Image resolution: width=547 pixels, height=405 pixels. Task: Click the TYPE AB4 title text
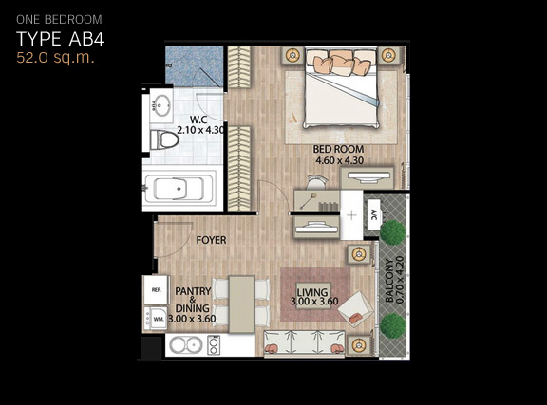(60, 39)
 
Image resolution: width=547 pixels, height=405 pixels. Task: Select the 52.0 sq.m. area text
(55, 58)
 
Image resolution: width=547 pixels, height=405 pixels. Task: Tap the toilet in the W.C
(164, 139)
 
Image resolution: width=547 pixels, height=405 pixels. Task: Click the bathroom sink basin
(161, 104)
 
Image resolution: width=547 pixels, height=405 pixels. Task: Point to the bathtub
(179, 188)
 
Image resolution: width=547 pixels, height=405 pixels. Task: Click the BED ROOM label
(338, 149)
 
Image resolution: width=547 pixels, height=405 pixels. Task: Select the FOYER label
(211, 240)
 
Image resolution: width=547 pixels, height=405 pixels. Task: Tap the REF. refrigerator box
(156, 290)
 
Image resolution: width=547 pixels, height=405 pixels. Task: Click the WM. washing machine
(156, 319)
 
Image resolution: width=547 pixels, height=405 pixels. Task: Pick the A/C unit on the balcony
(374, 214)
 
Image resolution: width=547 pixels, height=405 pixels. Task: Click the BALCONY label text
(389, 281)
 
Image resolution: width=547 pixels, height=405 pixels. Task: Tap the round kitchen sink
(185, 345)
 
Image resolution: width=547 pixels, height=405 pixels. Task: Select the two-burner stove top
(214, 345)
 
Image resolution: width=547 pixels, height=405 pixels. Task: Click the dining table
(241, 304)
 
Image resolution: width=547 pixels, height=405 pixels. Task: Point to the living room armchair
(356, 309)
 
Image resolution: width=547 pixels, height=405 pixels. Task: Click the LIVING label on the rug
(312, 292)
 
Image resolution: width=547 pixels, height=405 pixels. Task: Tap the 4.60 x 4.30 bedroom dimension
(339, 160)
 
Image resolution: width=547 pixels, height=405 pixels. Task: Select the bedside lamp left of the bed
(292, 55)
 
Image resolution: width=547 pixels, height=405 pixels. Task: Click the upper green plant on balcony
(393, 232)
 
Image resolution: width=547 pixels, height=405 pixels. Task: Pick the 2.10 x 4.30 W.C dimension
(200, 130)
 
